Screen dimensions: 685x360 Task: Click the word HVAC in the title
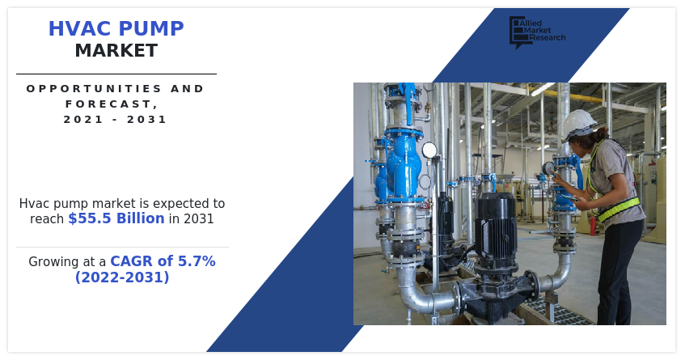(79, 28)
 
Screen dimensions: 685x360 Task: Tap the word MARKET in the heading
(116, 51)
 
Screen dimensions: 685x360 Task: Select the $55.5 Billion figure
(116, 218)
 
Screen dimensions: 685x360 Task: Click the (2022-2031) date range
(122, 277)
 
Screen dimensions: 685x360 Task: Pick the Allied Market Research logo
(537, 32)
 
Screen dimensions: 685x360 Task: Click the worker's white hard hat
(578, 124)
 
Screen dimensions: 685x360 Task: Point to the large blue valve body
(404, 164)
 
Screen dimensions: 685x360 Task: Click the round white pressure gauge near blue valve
(429, 150)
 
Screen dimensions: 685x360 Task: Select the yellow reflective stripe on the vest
(619, 210)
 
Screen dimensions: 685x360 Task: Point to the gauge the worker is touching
(548, 168)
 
